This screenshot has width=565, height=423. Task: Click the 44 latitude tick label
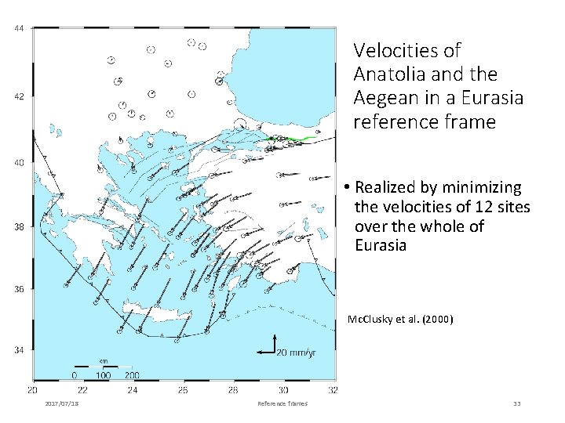[18, 29]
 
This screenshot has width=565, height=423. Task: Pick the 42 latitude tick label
[18, 98]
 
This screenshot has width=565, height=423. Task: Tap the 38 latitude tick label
[18, 227]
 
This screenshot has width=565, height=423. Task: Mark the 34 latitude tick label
[18, 350]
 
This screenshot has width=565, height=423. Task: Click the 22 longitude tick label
[82, 389]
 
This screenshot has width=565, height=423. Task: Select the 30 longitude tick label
[282, 389]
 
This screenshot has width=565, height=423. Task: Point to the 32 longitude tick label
[333, 389]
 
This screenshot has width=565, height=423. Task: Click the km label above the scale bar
[103, 360]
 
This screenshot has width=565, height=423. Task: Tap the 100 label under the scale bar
[103, 375]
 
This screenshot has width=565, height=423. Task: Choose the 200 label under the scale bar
[131, 375]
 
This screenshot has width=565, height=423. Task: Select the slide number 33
[516, 403]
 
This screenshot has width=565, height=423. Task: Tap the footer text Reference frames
[282, 403]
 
